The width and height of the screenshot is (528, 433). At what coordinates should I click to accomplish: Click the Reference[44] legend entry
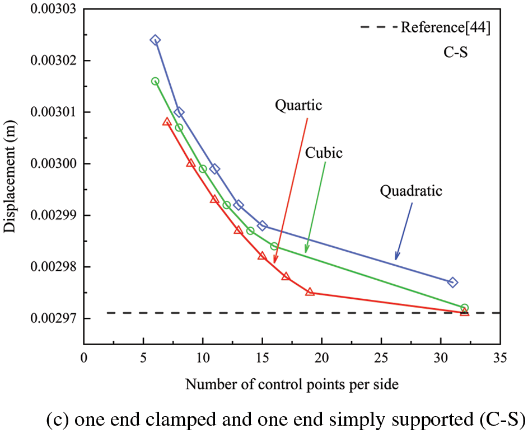click(x=446, y=27)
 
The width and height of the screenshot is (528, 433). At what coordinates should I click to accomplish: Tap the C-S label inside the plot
click(x=452, y=54)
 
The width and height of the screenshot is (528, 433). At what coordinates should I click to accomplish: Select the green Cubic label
click(x=324, y=152)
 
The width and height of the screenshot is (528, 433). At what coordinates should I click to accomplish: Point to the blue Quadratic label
click(x=411, y=191)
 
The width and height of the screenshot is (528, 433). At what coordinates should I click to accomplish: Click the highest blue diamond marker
click(x=155, y=40)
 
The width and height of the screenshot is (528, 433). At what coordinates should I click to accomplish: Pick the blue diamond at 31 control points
click(x=452, y=283)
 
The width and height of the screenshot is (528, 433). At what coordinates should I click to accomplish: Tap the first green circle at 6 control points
click(x=155, y=81)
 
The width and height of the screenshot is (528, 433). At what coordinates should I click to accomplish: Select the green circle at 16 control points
click(x=274, y=246)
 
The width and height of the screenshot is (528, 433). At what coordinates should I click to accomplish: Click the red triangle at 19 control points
click(x=310, y=292)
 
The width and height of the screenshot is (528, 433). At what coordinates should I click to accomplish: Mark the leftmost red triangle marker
click(x=167, y=121)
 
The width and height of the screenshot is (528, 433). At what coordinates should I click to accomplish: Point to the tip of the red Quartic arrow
click(x=274, y=262)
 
